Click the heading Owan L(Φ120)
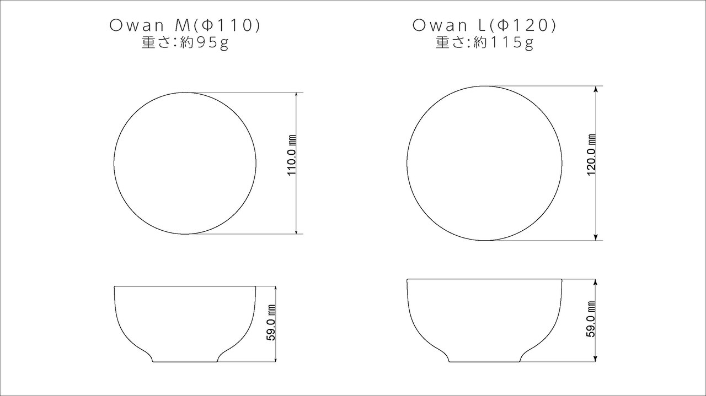click(x=484, y=25)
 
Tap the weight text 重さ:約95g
click(x=185, y=43)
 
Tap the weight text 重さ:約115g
click(x=484, y=43)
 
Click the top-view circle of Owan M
click(x=185, y=164)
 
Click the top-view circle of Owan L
click(x=484, y=164)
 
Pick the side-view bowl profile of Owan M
click(x=185, y=322)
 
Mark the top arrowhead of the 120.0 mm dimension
click(x=596, y=89)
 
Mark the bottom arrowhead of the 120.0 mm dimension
click(x=596, y=237)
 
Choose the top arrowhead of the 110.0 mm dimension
click(x=297, y=96)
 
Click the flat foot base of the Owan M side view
click(x=185, y=362)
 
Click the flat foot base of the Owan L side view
click(x=484, y=362)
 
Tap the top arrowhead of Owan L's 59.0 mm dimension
click(x=596, y=282)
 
